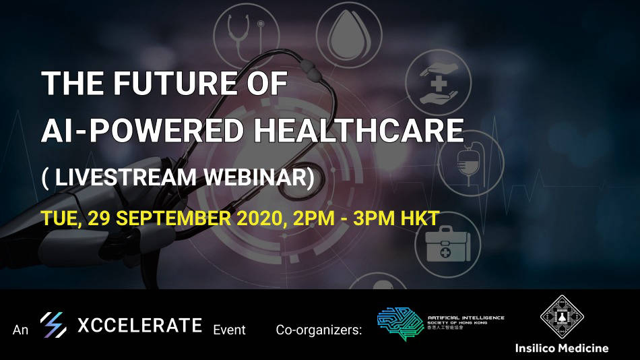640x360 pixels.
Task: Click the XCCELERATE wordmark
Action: [139, 326]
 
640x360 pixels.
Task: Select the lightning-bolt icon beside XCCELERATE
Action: [53, 326]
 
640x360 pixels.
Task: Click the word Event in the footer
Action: [229, 330]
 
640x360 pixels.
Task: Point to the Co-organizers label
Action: [319, 330]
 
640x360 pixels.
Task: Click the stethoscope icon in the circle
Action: [247, 34]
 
